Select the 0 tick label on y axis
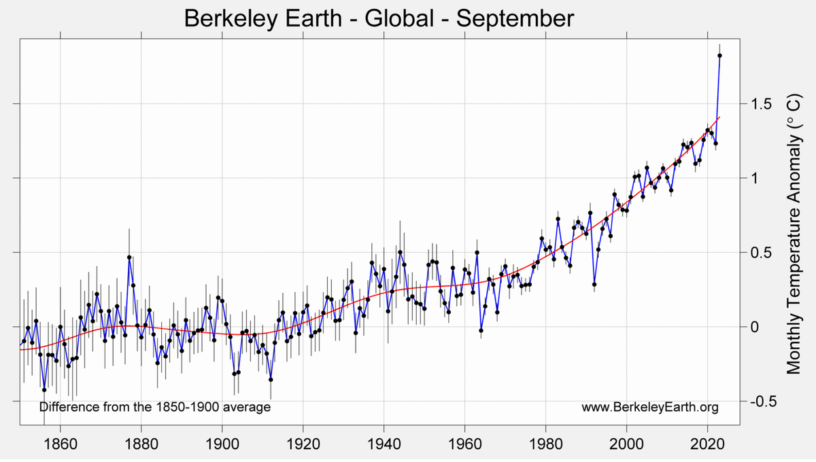coord(752,327)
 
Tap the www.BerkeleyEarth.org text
coord(650,408)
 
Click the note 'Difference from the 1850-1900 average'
coord(155,408)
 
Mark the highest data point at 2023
coord(719,56)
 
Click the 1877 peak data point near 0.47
coord(129,257)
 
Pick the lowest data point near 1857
coord(44,390)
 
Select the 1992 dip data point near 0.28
coord(594,284)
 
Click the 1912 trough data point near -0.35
coord(271,379)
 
